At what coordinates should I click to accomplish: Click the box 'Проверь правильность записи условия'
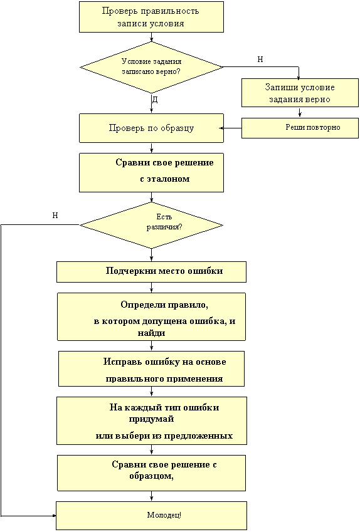pos(152,17)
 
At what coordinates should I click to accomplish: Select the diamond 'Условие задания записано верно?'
pos(152,67)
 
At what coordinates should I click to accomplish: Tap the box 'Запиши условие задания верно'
pos(300,93)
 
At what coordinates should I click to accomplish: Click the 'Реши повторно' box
pos(300,128)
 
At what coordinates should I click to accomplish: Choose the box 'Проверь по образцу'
pos(152,128)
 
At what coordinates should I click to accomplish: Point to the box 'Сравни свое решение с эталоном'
pos(152,172)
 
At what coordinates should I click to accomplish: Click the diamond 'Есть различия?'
pos(152,226)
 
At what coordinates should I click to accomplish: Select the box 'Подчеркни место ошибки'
pos(152,272)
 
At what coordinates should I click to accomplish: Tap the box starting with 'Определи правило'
pos(152,316)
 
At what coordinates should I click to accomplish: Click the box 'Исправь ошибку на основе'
pos(152,368)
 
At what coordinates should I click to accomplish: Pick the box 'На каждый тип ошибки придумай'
pos(152,420)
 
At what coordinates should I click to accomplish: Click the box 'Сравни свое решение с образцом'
pos(152,473)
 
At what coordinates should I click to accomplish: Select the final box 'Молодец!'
pos(152,516)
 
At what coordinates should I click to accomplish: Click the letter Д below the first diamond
pos(155,100)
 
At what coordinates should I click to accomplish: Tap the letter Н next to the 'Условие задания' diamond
pos(260,60)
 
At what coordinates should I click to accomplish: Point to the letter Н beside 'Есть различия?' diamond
pos(55,216)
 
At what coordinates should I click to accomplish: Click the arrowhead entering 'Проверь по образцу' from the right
pos(221,128)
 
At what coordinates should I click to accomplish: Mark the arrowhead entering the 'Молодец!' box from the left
pos(54,516)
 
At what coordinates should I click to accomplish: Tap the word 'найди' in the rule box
pos(152,333)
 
